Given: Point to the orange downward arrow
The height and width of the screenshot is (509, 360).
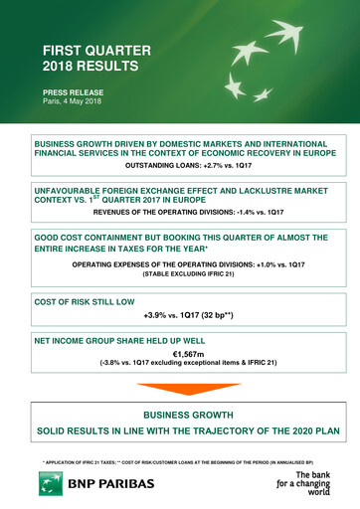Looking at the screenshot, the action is [180, 389].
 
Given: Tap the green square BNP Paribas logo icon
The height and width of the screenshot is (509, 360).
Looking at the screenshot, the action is [50, 485].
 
